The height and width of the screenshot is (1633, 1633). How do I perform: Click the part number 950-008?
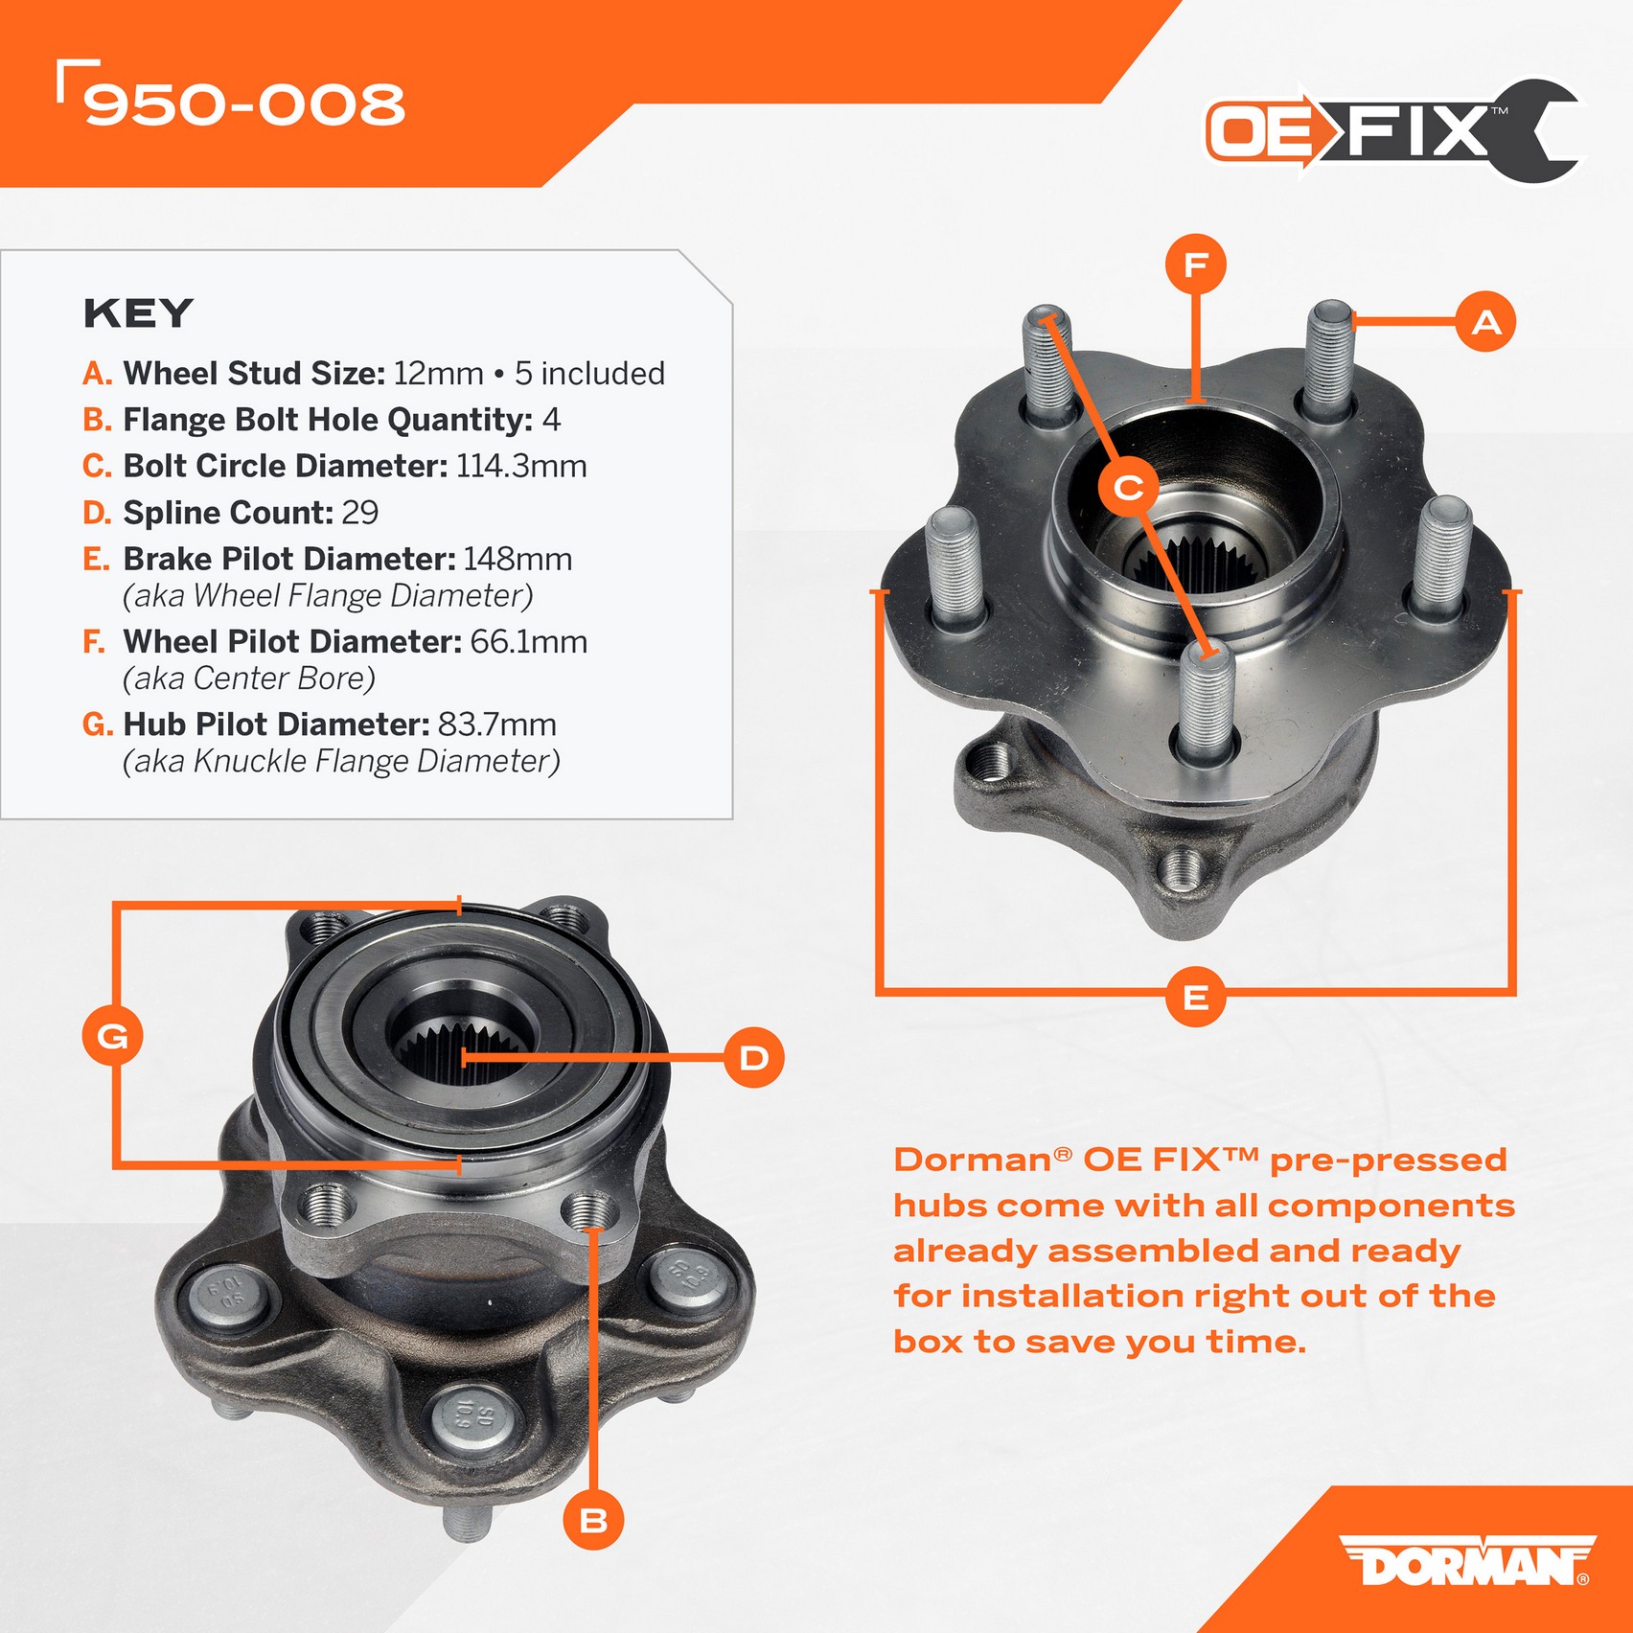pos(244,103)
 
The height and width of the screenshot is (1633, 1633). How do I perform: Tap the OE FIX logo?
pos(1392,131)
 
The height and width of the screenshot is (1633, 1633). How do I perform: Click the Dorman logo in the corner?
pos(1467,1560)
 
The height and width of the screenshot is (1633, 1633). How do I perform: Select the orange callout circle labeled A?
pos(1486,321)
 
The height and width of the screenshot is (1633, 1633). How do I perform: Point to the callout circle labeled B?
pos(593,1520)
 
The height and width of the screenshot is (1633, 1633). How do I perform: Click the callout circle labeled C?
pos(1128,488)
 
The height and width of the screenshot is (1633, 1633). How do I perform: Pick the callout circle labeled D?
pos(753,1058)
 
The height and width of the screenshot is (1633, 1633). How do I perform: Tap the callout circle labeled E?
pos(1195,997)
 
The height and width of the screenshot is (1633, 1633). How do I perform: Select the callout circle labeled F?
pos(1195,264)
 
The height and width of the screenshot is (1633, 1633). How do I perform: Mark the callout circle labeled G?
pos(113,1036)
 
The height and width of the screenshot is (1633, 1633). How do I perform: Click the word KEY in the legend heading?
pos(139,313)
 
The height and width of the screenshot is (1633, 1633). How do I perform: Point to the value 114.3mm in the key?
pos(521,466)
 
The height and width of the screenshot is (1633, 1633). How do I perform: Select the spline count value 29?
pos(360,513)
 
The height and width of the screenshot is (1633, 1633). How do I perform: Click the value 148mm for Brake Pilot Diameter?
pos(517,559)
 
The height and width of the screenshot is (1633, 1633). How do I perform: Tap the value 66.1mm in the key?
pos(528,641)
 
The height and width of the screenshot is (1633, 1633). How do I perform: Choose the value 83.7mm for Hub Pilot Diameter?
pos(497,724)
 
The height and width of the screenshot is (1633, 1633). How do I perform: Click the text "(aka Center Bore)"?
pos(249,678)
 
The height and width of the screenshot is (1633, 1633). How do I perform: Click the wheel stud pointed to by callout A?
pos(1328,358)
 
